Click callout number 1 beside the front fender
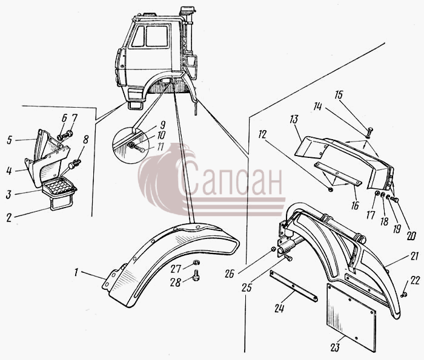(x=76, y=272)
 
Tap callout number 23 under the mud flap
(x=334, y=347)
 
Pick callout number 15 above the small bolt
(x=339, y=96)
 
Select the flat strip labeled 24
(x=294, y=286)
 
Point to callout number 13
(x=294, y=119)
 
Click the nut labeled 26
(x=274, y=249)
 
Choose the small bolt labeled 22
(x=404, y=295)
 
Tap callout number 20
(x=411, y=235)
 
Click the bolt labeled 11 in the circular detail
(x=137, y=148)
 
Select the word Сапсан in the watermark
(x=230, y=180)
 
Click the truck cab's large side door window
(x=157, y=36)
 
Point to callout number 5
(x=10, y=140)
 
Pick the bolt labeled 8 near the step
(x=75, y=164)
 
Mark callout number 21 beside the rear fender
(x=414, y=257)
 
